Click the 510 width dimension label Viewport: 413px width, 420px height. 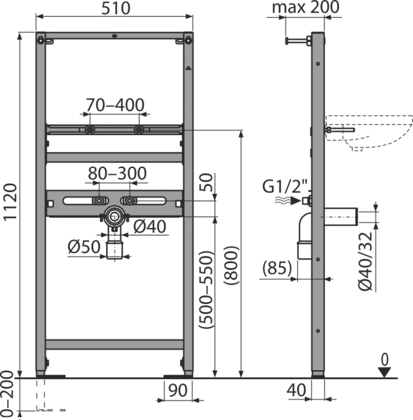[x=116, y=8]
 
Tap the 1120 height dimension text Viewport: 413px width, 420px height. [x=10, y=202]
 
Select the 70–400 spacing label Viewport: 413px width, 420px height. [x=115, y=105]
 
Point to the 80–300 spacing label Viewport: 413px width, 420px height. [x=117, y=173]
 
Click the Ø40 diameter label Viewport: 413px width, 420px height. [x=150, y=226]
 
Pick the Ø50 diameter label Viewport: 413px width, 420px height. [x=84, y=246]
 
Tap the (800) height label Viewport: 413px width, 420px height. [x=231, y=265]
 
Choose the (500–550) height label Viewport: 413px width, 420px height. [x=206, y=290]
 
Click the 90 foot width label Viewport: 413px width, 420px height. [x=178, y=390]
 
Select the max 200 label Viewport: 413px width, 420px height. [x=306, y=7]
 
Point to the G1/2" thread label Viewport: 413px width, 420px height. [x=285, y=186]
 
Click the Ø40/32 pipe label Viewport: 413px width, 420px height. [x=365, y=261]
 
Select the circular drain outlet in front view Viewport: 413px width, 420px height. [x=114, y=216]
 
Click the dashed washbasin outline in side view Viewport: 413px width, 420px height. [x=369, y=133]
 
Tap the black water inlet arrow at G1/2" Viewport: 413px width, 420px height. [x=296, y=200]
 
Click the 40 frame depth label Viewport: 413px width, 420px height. [x=296, y=390]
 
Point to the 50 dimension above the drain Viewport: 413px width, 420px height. [x=206, y=182]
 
